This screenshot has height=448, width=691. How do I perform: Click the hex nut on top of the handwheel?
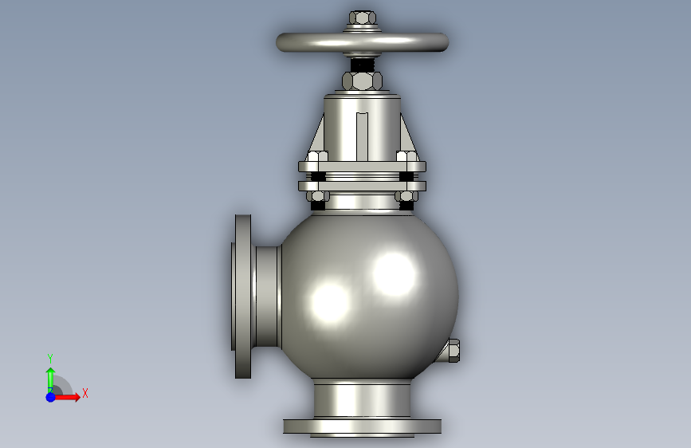point(363,18)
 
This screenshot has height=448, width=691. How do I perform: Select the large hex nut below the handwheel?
point(363,81)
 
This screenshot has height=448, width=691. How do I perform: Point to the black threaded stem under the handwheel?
point(363,65)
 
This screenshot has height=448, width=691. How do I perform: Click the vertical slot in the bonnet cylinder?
point(363,136)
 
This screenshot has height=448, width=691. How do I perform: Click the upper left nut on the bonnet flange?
point(317,156)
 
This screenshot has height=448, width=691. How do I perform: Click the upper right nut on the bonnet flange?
point(407,156)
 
